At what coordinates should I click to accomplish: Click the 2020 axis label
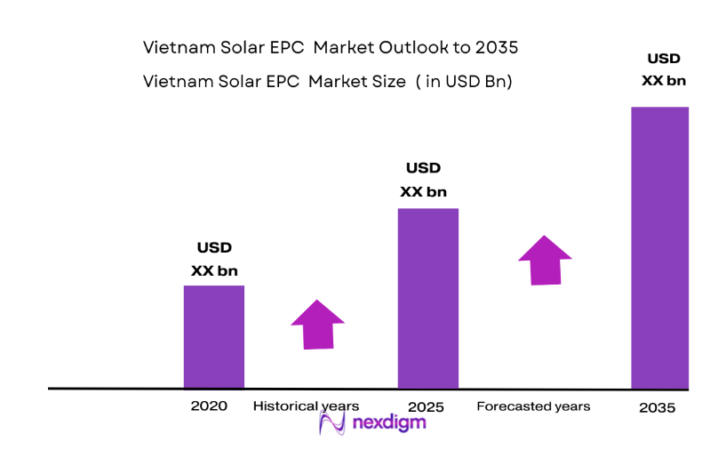pos(209,406)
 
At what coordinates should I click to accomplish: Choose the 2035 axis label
pos(657,408)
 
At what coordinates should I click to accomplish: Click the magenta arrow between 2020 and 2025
pos(317,324)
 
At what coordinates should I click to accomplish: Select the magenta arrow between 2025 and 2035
pos(546,261)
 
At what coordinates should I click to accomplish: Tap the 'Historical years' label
pos(306,406)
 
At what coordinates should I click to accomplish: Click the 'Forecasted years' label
pos(533,406)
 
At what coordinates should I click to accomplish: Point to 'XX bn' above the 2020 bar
pos(214,270)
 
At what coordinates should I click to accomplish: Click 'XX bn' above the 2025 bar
pos(423,191)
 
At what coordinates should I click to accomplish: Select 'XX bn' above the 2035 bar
pos(664,80)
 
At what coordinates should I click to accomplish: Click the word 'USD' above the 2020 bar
pos(214,248)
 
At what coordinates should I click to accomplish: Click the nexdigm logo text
pos(387,422)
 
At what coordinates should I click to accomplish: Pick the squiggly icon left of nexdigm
pos(331,422)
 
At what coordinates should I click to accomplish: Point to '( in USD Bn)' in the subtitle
pos(464,81)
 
